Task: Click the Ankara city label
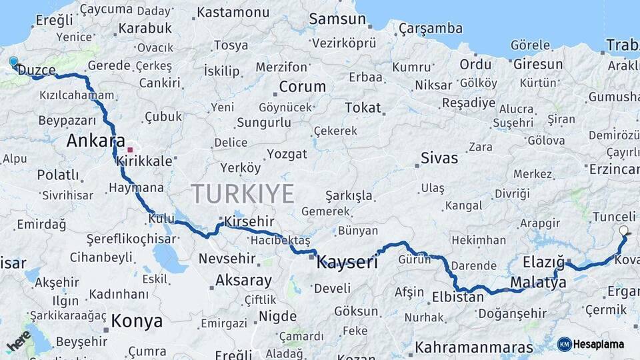96,141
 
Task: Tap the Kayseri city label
347,262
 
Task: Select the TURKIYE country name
243,193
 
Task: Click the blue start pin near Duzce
13,62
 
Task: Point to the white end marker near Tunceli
623,231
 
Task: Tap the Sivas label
439,158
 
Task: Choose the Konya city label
137,321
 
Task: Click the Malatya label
538,283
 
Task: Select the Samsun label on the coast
337,19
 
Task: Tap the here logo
19,340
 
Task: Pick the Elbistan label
457,297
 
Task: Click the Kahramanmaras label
473,347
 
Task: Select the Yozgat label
287,154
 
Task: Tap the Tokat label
363,107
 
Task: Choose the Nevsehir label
224,258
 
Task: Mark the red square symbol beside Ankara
130,150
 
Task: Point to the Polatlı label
57,175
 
